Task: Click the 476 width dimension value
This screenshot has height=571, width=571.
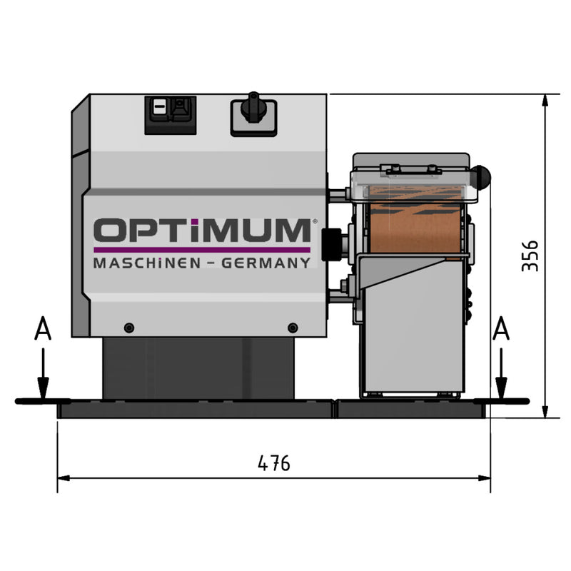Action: [x=274, y=463]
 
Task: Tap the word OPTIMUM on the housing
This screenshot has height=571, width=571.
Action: [x=202, y=231]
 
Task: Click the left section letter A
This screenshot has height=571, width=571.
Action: [x=43, y=330]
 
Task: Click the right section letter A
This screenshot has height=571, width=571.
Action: [x=502, y=330]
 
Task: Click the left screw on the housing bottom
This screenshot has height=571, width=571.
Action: [x=128, y=328]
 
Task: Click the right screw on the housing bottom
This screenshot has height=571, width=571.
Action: [x=292, y=328]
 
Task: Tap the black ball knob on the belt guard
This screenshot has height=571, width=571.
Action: [x=483, y=176]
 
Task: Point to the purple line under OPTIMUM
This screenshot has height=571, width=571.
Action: [x=202, y=250]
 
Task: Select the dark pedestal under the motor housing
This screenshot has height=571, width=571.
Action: [x=200, y=368]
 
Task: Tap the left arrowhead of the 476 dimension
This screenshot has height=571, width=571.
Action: [x=61, y=478]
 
